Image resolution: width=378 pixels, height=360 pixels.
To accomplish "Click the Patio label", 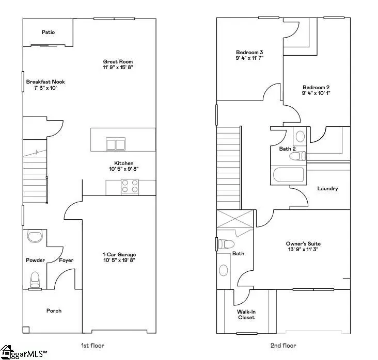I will point(49,32).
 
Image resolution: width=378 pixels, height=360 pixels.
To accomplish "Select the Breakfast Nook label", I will point(45,81).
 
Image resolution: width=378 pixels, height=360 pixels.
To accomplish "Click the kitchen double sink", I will point(116,143).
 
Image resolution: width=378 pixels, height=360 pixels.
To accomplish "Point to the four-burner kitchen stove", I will point(130,186).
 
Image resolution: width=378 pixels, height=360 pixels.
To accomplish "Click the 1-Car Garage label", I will point(119,255).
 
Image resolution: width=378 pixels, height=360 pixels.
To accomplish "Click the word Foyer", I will point(66,260).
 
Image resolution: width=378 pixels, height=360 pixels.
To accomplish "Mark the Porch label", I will point(54,310).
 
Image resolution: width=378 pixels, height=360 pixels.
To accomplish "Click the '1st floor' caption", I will point(94,345).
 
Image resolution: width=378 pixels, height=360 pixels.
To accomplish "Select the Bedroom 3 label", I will point(250,52).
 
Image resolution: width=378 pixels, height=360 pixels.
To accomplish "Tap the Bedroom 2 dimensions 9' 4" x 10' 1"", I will point(317,93).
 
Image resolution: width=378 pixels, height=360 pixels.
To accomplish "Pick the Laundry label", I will point(327,188).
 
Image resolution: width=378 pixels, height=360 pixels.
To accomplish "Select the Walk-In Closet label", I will point(246,314).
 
